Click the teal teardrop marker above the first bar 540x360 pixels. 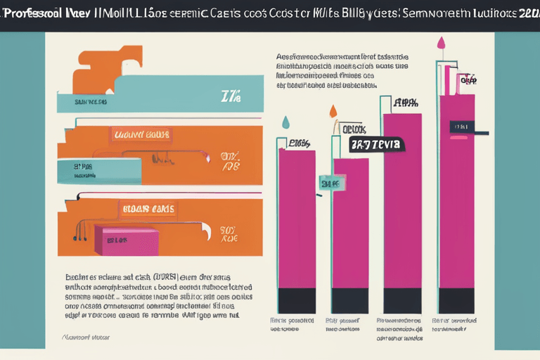(x=285, y=122)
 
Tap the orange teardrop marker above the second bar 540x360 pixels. (x=333, y=111)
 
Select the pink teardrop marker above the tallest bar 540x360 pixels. (x=441, y=44)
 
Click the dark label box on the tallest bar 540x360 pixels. (x=463, y=127)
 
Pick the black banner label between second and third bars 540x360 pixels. (x=376, y=145)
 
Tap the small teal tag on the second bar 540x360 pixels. (x=330, y=184)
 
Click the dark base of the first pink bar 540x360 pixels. (x=297, y=300)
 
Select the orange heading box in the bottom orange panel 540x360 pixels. (x=149, y=208)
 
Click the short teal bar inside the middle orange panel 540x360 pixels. (x=98, y=167)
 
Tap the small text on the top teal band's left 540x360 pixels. (x=91, y=101)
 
